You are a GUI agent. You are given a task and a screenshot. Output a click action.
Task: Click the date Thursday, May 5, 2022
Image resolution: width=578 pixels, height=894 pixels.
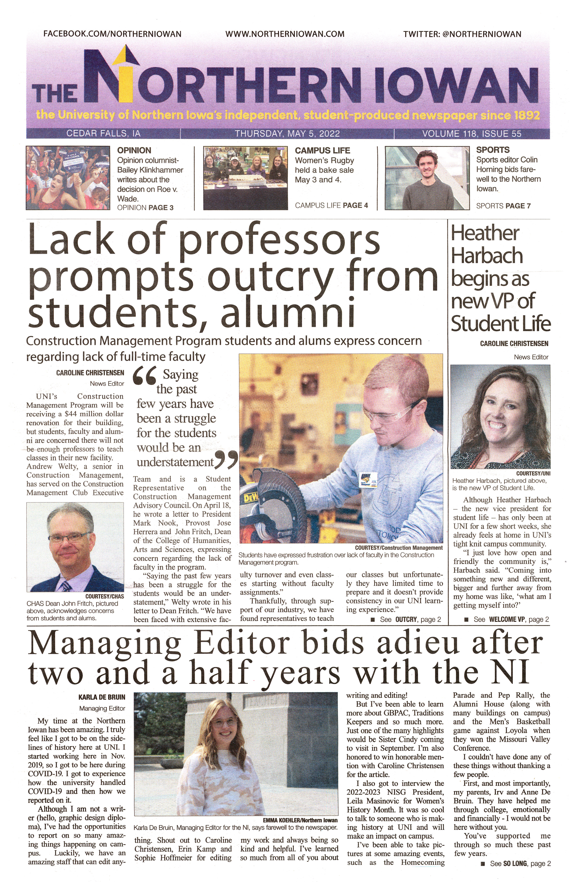click(287, 134)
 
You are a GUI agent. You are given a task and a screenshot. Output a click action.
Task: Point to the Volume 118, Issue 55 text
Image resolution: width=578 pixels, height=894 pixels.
click(471, 134)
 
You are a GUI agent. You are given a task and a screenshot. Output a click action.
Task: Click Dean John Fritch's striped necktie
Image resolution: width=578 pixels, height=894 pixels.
click(66, 586)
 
